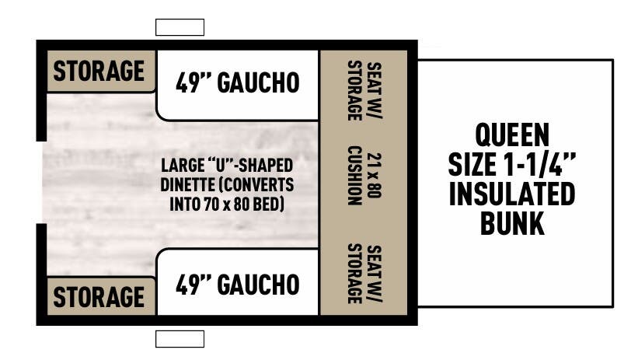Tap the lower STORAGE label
99,296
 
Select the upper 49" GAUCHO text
238,82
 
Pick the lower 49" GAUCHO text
238,284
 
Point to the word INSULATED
511,194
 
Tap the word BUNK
511,223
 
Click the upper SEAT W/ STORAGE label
362,90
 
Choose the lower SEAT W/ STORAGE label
362,274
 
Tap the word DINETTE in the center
187,185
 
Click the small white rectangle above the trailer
180,28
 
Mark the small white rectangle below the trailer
180,338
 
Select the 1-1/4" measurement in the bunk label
541,164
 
